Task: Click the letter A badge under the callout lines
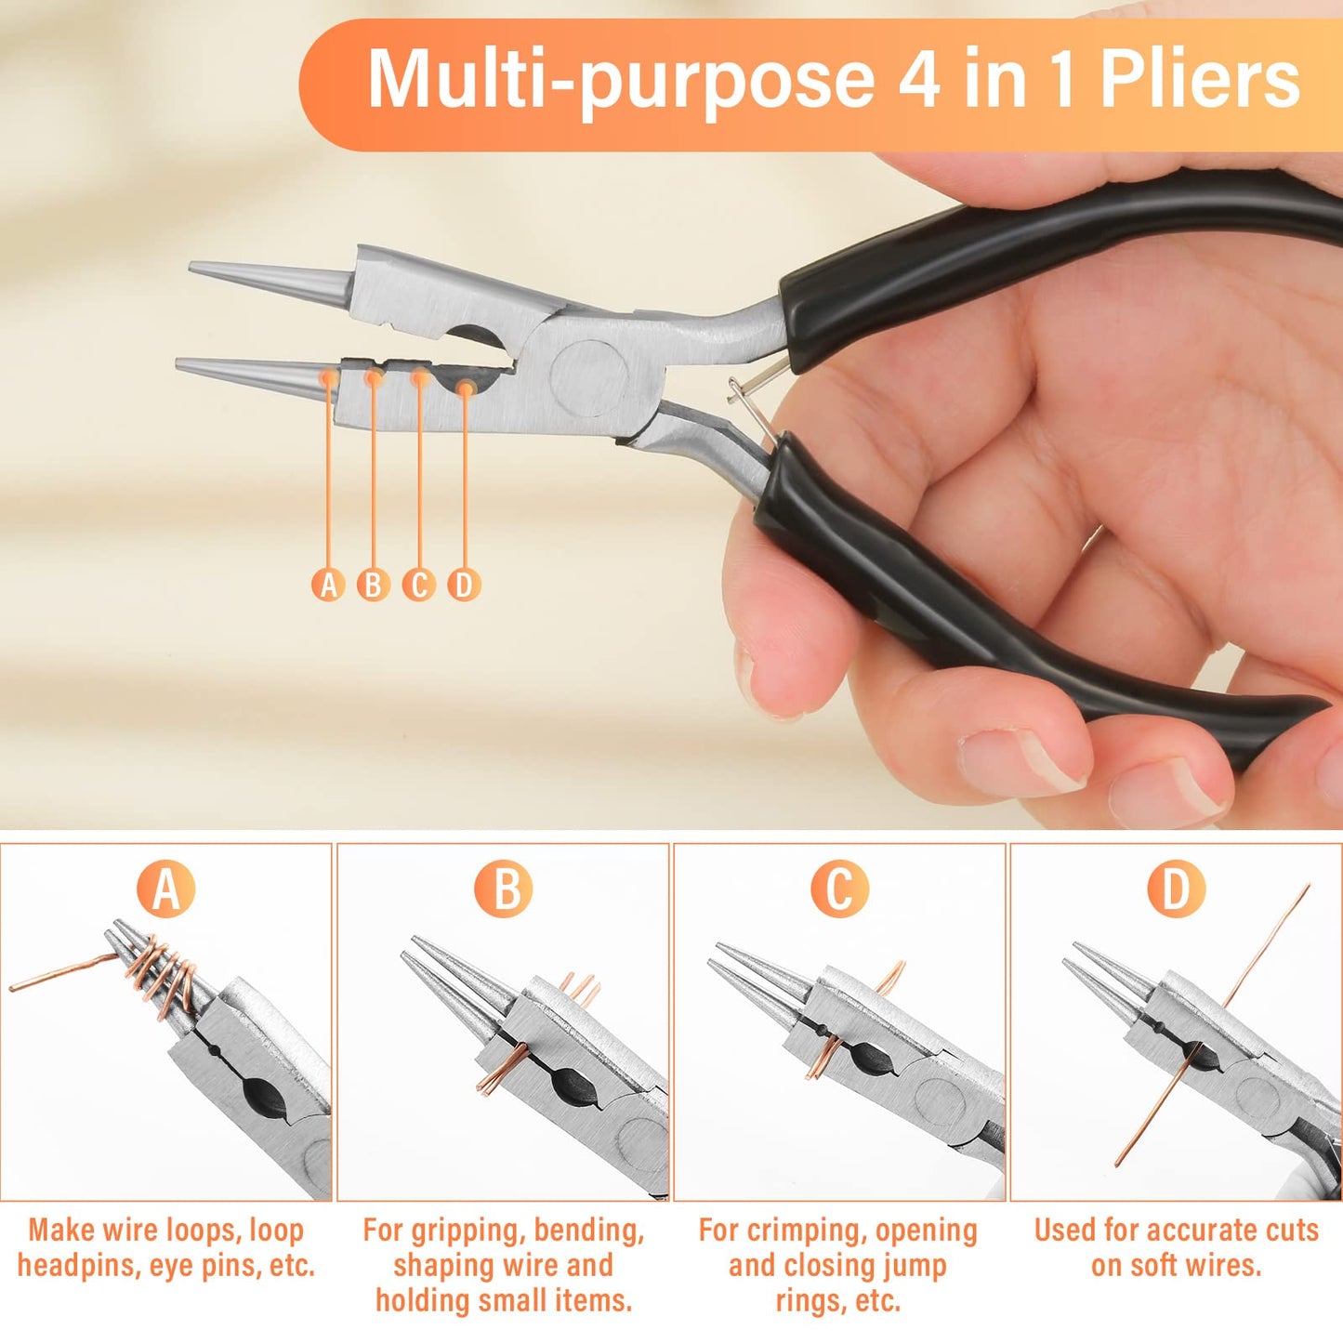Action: pos(328,584)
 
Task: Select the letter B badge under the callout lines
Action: pos(374,584)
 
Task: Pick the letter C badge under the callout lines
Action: pos(419,584)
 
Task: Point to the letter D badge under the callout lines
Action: pos(464,584)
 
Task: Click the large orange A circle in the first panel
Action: pos(165,889)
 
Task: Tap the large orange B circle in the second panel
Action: pos(503,889)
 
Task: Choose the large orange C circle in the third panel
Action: pos(840,889)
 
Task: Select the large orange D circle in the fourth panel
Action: pos(1177,889)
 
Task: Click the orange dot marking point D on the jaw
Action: pos(467,388)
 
